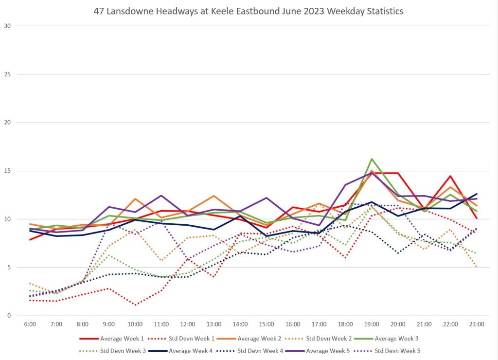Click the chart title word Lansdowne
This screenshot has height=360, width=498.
136,12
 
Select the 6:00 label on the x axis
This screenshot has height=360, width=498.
30,324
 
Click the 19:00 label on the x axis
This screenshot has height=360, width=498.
372,324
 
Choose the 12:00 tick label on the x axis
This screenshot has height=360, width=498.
188,324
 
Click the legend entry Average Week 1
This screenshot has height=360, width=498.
122,338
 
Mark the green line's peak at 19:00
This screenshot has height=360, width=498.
372,159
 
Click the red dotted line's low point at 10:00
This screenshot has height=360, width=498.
135,305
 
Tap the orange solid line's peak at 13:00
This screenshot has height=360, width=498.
214,196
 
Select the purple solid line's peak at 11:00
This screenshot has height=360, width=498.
161,196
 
